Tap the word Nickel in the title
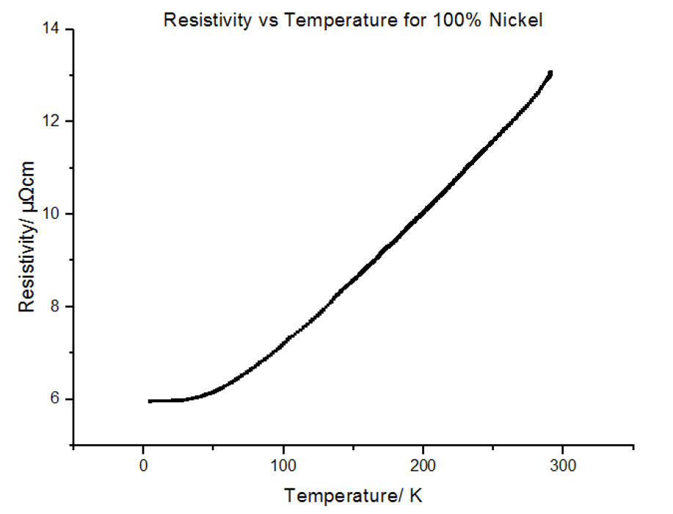pos(518,20)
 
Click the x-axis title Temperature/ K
pos(354,496)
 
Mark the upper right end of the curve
pos(550,73)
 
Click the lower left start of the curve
pos(150,401)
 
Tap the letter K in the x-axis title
pos(417,496)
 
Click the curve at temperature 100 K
pos(283,342)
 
